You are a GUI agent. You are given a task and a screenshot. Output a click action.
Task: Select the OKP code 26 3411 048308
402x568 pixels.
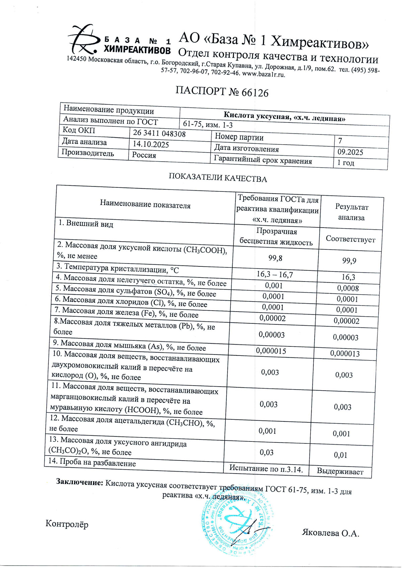(159, 134)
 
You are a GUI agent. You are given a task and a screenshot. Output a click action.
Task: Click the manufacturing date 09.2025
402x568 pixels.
(350, 152)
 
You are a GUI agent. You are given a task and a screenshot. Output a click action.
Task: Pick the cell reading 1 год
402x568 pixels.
(345, 163)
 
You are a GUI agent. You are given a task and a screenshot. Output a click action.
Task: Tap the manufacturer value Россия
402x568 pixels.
(144, 155)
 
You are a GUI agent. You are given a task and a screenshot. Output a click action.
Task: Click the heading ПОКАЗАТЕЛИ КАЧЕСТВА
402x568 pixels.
(217, 178)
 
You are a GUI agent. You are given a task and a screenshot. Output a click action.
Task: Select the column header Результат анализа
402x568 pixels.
(351, 213)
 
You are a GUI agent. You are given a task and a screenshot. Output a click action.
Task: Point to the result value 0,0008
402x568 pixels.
(348, 288)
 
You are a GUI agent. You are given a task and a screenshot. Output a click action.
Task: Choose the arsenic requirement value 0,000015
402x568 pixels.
(271, 351)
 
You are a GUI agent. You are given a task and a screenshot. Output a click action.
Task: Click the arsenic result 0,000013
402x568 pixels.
(345, 353)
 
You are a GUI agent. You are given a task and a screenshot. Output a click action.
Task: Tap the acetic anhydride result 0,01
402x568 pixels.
(340, 455)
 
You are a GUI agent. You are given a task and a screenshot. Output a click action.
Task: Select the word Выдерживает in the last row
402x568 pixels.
(340, 472)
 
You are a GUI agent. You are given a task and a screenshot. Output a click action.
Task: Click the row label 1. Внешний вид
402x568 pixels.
(86, 224)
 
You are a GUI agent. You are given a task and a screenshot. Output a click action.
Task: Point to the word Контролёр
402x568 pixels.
(67, 524)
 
